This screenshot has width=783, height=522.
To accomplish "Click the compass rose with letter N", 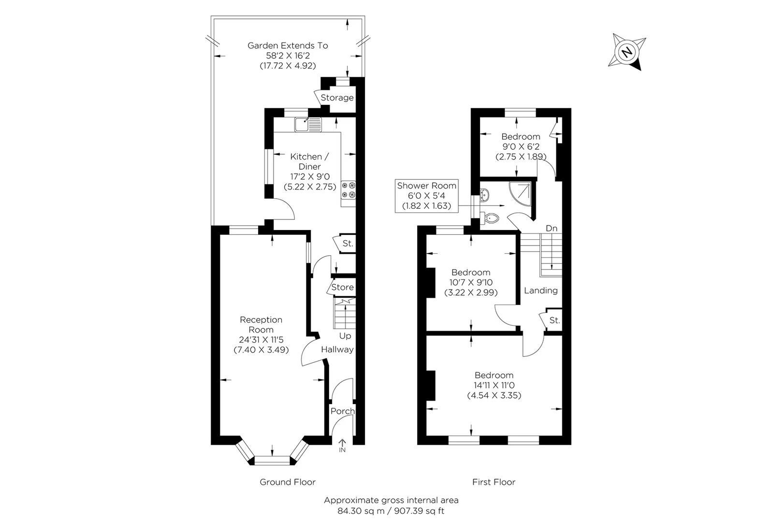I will [627, 51].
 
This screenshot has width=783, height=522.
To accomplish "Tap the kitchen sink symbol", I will [307, 124].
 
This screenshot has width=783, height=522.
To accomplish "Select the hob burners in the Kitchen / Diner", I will [348, 189].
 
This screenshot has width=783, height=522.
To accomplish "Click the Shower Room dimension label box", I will [426, 196].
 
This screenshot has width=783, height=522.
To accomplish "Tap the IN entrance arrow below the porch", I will [342, 445].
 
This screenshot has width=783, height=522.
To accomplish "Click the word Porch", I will [342, 411].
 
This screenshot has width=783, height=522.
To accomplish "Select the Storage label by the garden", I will [337, 98].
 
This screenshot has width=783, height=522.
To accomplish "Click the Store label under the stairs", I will [342, 287].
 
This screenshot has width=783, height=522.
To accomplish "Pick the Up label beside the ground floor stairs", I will [345, 335].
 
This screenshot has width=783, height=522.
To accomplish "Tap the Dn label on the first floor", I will [551, 228].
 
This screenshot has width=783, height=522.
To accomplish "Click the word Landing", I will [540, 290].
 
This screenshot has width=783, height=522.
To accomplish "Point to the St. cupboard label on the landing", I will [554, 320].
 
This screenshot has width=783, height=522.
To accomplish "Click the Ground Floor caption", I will [288, 482].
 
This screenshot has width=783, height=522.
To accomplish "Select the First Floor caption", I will [493, 482].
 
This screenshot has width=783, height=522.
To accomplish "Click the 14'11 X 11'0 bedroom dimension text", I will [493, 385].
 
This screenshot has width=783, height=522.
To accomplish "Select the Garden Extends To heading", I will [288, 45].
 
